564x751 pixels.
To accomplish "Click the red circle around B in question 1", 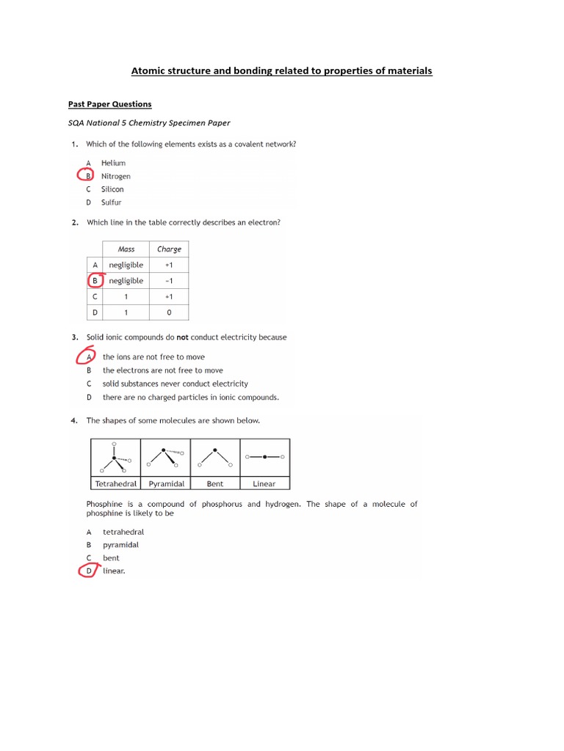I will click(x=88, y=176).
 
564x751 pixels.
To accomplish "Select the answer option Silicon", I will click(x=112, y=189).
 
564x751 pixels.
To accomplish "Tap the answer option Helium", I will click(x=113, y=163).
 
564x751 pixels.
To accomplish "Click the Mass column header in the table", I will click(x=126, y=249).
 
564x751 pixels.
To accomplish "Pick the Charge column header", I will click(x=169, y=249).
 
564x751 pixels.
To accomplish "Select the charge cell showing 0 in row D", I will click(x=169, y=312).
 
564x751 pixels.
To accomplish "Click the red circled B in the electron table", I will click(x=94, y=280).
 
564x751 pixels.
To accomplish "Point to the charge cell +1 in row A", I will click(x=169, y=265).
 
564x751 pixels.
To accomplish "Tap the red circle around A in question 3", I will click(x=87, y=357).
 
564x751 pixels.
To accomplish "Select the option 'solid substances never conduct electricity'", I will click(x=175, y=384).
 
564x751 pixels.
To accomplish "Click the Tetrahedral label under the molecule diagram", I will click(x=116, y=484).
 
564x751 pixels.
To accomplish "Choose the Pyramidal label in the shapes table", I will click(x=167, y=484).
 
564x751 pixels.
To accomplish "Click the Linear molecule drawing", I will click(x=264, y=457).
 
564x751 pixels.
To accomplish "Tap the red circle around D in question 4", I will click(x=88, y=571).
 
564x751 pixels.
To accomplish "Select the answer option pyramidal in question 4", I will click(x=120, y=545).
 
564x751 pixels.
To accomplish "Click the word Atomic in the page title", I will click(x=148, y=71).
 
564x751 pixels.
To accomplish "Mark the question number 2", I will click(x=75, y=222).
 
